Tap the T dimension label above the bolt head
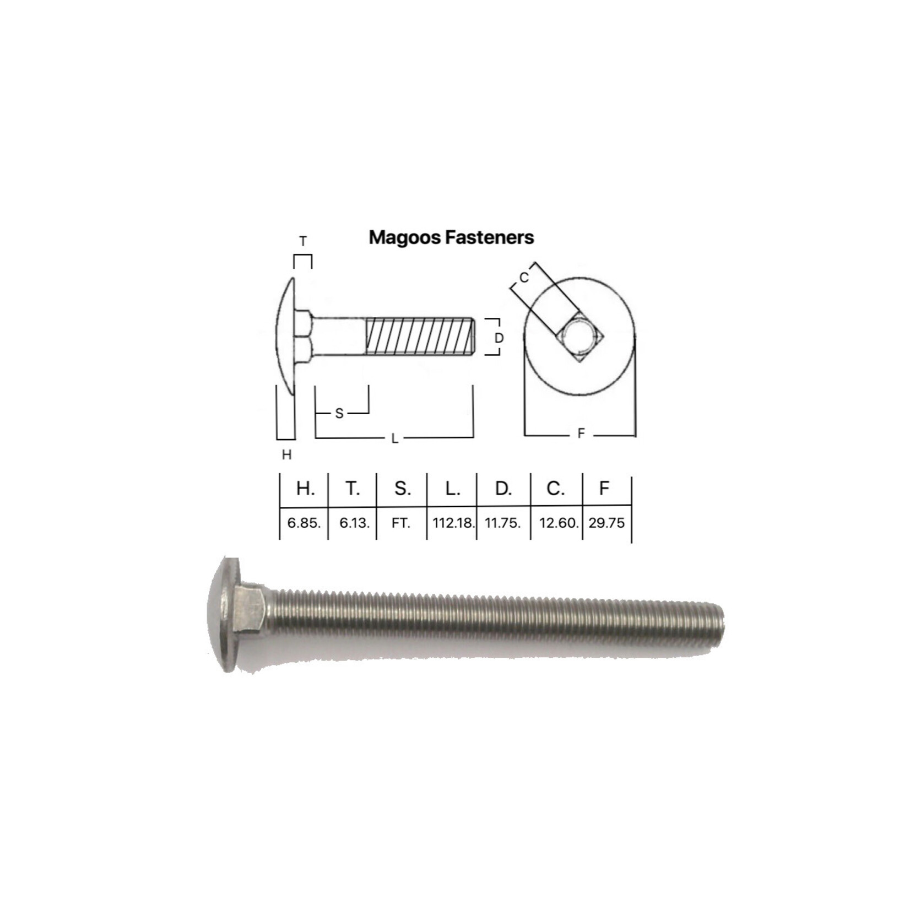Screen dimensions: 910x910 coord(303,241)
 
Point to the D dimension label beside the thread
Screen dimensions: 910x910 coord(499,338)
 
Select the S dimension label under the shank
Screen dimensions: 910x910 coord(339,413)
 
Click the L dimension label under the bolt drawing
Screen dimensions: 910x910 coord(394,439)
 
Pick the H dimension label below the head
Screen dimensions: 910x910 coord(286,455)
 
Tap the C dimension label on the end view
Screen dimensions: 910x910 coord(524,278)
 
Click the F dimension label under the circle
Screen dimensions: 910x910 coord(581,434)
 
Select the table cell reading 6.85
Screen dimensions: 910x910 coord(304,523)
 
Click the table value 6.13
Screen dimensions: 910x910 coord(354,523)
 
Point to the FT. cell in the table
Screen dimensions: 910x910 coord(401,523)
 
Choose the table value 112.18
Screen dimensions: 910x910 coord(453,523)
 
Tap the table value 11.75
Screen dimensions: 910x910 coord(502,523)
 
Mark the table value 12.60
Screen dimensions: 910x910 coord(558,523)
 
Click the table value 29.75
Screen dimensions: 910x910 coord(606,523)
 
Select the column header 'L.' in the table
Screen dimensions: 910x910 coord(452,488)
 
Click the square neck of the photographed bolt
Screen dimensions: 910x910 coord(249,608)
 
